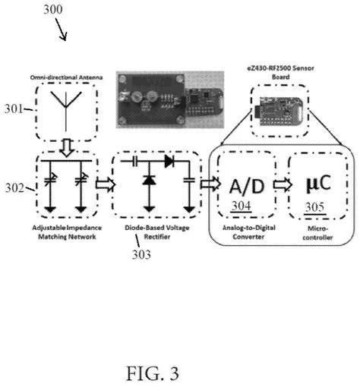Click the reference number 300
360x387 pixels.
click(x=53, y=9)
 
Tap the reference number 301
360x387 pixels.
click(x=14, y=109)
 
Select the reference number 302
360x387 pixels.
click(x=15, y=187)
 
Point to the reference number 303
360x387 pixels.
click(x=141, y=254)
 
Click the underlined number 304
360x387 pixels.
click(x=242, y=206)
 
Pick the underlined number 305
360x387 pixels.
click(x=314, y=207)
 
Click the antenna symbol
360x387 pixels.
click(x=66, y=112)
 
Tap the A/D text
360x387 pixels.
click(x=247, y=186)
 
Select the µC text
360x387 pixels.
click(x=318, y=183)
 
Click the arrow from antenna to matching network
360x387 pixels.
click(x=67, y=148)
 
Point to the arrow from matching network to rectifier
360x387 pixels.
click(x=106, y=184)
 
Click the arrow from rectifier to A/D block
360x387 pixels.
click(x=210, y=184)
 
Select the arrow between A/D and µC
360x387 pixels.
click(x=283, y=184)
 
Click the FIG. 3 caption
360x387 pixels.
click(x=153, y=373)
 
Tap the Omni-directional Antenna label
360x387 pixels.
click(x=66, y=77)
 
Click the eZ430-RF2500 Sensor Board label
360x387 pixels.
click(x=280, y=72)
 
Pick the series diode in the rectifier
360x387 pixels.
click(x=169, y=161)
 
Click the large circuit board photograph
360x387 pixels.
click(x=170, y=99)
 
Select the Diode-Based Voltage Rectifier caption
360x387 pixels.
click(x=157, y=232)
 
